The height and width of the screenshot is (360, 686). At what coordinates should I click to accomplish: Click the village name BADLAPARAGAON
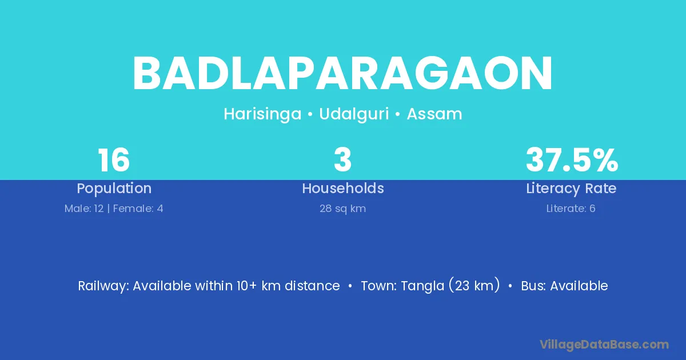tap(342, 74)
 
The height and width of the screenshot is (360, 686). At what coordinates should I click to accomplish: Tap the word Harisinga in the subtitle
tap(262, 114)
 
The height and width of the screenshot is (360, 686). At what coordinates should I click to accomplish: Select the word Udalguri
tap(354, 114)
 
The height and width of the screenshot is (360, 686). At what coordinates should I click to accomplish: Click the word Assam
tap(434, 114)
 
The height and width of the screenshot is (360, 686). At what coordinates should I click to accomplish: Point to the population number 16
tap(114, 160)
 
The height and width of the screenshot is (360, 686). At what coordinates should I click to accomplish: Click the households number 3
tap(342, 160)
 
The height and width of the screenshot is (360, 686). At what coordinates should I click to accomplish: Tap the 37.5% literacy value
tap(572, 160)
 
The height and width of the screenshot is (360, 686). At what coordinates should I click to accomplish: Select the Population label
tap(114, 188)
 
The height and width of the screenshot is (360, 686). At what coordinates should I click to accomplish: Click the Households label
tap(342, 188)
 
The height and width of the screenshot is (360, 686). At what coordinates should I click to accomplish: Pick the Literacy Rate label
tap(571, 189)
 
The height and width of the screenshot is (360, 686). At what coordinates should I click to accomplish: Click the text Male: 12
tap(84, 209)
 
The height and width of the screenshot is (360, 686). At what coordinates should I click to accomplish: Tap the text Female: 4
tap(138, 209)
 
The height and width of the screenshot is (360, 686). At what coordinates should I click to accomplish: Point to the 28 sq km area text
tap(342, 209)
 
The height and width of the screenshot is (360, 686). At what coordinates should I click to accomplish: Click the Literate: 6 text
tap(571, 209)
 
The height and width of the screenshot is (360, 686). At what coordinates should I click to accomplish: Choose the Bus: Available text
tap(564, 286)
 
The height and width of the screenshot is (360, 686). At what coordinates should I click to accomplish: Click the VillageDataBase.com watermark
tap(604, 345)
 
